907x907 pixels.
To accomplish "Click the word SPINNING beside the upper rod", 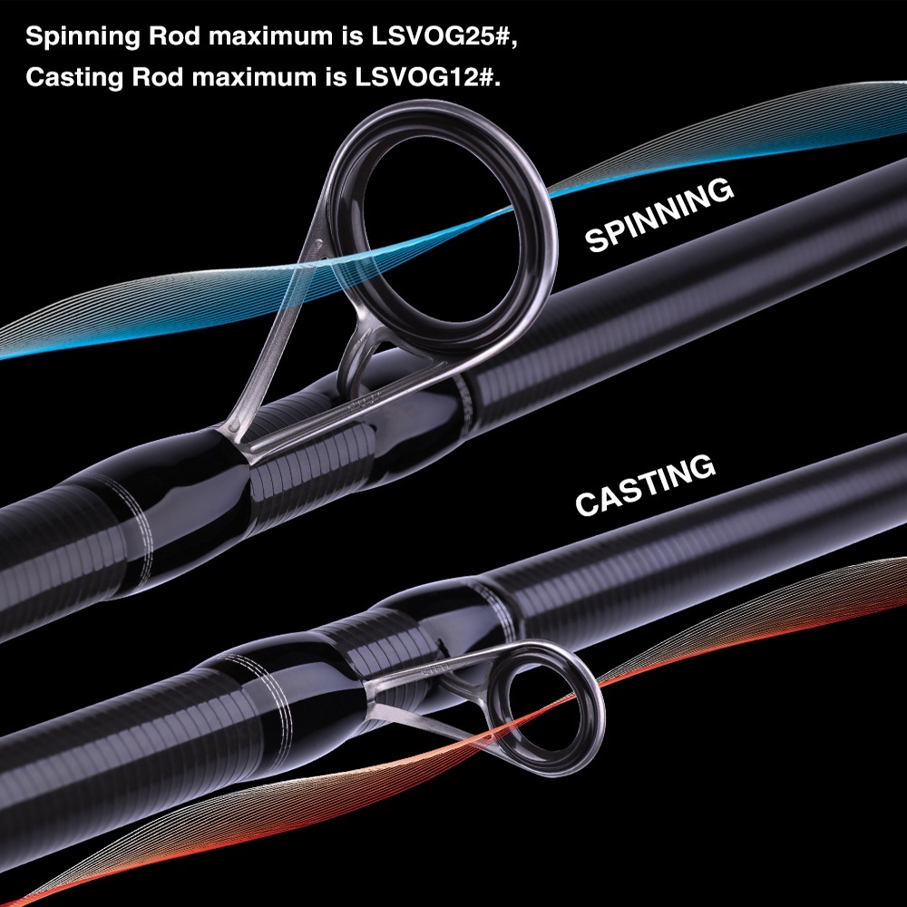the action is pos(658,214).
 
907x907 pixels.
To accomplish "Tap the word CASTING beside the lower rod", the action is pos(645,484).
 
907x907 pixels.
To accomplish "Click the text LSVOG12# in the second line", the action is pos(427,77).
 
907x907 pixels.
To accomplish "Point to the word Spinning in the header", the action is pos(83,37).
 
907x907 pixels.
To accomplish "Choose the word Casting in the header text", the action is pos(74,78).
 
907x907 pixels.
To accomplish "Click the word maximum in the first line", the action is pos(270,37).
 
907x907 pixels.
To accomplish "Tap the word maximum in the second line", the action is pos(255,78).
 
